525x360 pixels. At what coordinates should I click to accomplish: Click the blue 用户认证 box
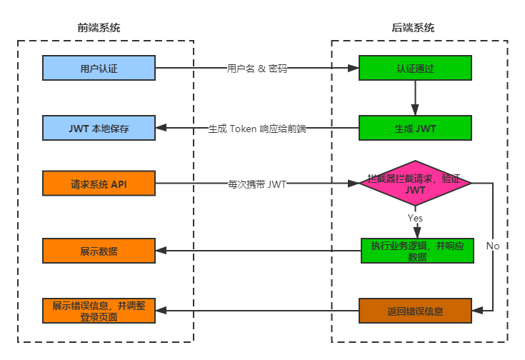pyautogui.click(x=99, y=68)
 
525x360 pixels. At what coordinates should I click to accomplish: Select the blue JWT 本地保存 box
pyautogui.click(x=99, y=128)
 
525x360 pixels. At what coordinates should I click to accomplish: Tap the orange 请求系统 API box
pyautogui.click(x=99, y=183)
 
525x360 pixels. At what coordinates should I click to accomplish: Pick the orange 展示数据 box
pyautogui.click(x=99, y=251)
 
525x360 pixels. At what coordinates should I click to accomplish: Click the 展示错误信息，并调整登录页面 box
pyautogui.click(x=99, y=311)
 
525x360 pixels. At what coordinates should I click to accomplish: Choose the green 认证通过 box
pyautogui.click(x=415, y=68)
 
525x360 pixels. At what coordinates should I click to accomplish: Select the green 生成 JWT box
pyautogui.click(x=415, y=128)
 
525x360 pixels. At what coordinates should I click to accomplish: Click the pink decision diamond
pyautogui.click(x=415, y=183)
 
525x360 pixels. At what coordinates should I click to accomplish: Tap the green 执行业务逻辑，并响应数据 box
pyautogui.click(x=417, y=251)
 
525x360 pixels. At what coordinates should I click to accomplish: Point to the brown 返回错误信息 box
pyautogui.click(x=415, y=311)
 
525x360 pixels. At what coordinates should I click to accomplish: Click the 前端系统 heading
pyautogui.click(x=99, y=28)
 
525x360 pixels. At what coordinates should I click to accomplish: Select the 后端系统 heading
pyautogui.click(x=413, y=28)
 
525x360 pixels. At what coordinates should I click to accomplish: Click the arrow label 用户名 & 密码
pyautogui.click(x=257, y=69)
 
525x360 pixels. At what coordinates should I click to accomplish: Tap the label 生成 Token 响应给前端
pyautogui.click(x=257, y=129)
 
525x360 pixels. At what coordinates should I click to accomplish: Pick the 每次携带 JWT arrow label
pyautogui.click(x=257, y=184)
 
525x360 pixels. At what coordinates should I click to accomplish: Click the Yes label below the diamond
pyautogui.click(x=415, y=218)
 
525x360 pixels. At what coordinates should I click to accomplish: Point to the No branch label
pyautogui.click(x=493, y=246)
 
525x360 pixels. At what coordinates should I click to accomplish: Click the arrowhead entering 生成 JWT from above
pyautogui.click(x=415, y=110)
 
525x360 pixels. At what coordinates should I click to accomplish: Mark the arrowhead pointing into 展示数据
pyautogui.click(x=161, y=251)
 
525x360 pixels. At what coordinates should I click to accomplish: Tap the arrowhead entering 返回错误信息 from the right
pyautogui.click(x=477, y=311)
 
